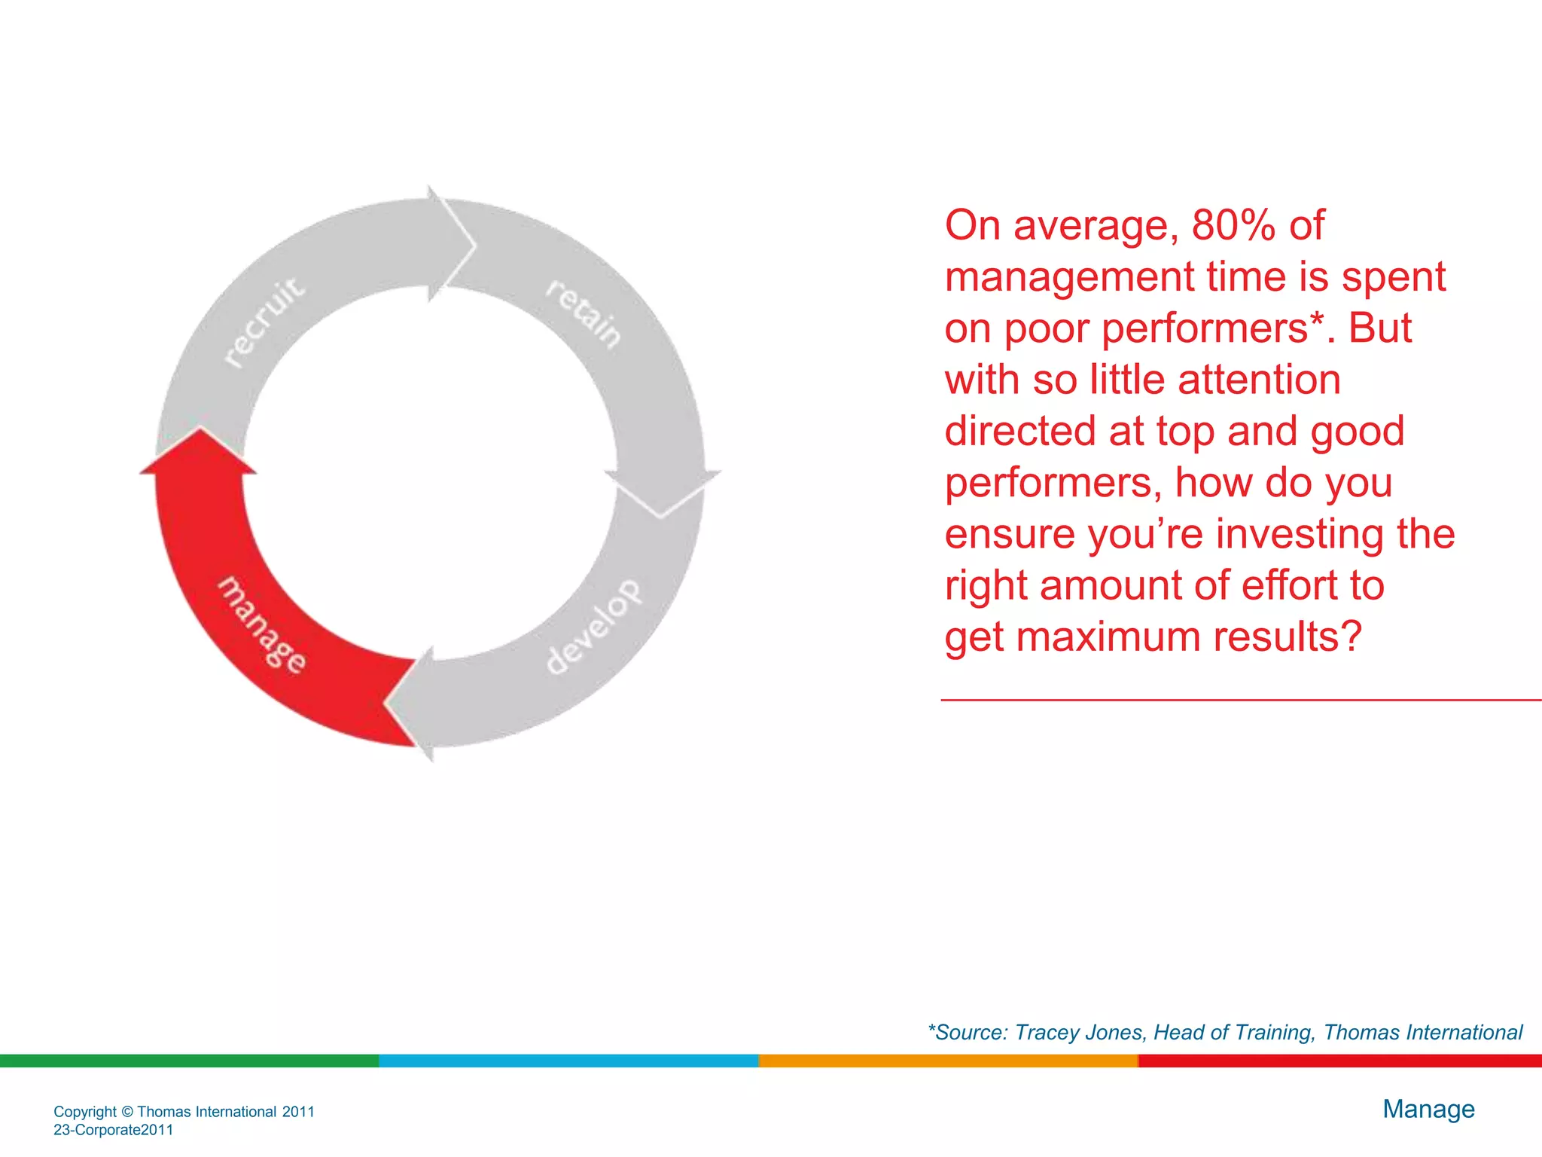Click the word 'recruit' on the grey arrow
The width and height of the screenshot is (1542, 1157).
point(265,322)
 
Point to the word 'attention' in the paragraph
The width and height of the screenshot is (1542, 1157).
point(1259,380)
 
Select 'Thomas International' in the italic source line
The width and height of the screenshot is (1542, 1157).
point(1422,1032)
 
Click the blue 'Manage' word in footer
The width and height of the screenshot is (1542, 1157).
point(1428,1109)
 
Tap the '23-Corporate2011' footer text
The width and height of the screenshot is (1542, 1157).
point(114,1130)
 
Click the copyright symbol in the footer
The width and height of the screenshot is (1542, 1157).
point(126,1112)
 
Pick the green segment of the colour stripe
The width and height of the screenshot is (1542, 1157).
point(188,1061)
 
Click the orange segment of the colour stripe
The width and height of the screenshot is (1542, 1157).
point(947,1061)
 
